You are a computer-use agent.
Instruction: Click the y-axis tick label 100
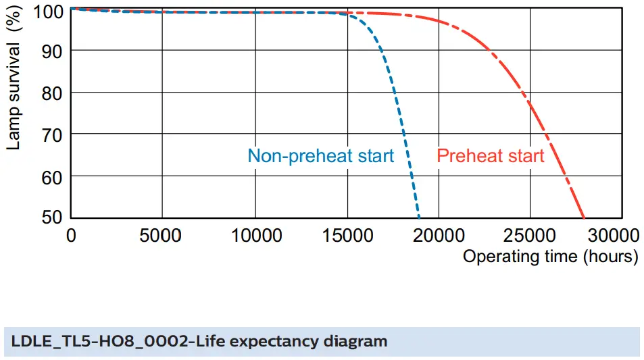click(47, 10)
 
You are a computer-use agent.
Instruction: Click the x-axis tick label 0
click(71, 235)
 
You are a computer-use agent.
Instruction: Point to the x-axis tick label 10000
click(255, 235)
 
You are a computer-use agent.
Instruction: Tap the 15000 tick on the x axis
click(347, 235)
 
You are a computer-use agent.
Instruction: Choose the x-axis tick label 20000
click(439, 235)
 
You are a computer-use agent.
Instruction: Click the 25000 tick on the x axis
click(531, 235)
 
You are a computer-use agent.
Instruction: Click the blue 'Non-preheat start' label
click(320, 156)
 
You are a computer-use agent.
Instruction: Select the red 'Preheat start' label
click(490, 156)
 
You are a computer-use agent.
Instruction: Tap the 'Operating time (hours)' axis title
click(550, 257)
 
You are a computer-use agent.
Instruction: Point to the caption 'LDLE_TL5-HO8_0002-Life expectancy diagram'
click(199, 341)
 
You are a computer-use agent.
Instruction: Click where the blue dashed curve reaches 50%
click(419, 217)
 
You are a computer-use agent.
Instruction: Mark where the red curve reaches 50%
click(584, 217)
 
